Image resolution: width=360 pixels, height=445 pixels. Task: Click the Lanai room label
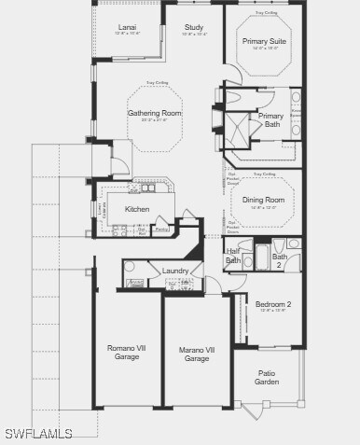pyautogui.click(x=127, y=28)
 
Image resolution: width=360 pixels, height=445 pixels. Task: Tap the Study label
pyautogui.click(x=194, y=28)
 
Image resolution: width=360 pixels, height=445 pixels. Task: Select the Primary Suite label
pyautogui.click(x=265, y=42)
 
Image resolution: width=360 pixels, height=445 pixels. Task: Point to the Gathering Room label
pyautogui.click(x=155, y=113)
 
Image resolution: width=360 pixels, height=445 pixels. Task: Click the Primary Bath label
pyautogui.click(x=271, y=120)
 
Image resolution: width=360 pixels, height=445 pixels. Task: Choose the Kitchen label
pyautogui.click(x=137, y=209)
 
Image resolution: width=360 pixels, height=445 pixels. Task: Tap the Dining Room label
pyautogui.click(x=263, y=200)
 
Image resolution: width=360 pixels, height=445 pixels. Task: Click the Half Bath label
pyautogui.click(x=233, y=257)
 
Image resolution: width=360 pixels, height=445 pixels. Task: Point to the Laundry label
pyautogui.click(x=175, y=271)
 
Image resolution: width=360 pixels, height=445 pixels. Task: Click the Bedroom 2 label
pyautogui.click(x=273, y=304)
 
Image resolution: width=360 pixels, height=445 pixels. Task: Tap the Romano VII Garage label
pyautogui.click(x=127, y=353)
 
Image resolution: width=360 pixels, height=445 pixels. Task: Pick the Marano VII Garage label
pyautogui.click(x=197, y=354)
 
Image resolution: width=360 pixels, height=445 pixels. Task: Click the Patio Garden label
pyautogui.click(x=267, y=376)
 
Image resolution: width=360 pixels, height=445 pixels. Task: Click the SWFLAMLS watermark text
pyautogui.click(x=37, y=434)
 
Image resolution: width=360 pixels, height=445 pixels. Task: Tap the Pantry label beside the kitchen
pyautogui.click(x=161, y=229)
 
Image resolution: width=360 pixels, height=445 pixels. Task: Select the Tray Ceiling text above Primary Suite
pyautogui.click(x=265, y=14)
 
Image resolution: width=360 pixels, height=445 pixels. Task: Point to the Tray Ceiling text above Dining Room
pyautogui.click(x=264, y=174)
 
